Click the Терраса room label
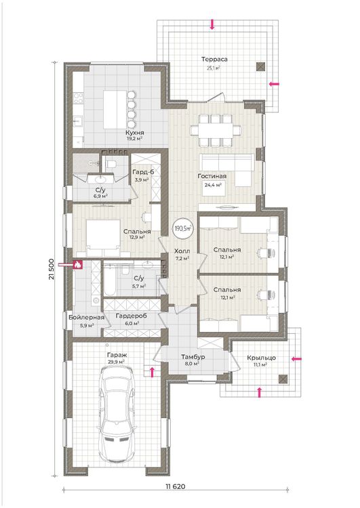click(x=214, y=60)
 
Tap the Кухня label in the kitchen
click(x=135, y=133)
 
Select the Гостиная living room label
click(x=212, y=176)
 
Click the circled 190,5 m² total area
click(x=182, y=228)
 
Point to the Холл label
click(x=182, y=251)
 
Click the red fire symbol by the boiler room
click(x=77, y=265)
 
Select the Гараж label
click(x=115, y=356)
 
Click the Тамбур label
click(x=193, y=357)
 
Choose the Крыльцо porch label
click(x=262, y=358)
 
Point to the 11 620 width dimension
click(x=176, y=486)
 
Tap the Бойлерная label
click(x=87, y=317)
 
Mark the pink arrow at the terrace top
click(x=212, y=24)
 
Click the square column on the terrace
click(x=260, y=67)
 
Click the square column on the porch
click(x=283, y=379)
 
